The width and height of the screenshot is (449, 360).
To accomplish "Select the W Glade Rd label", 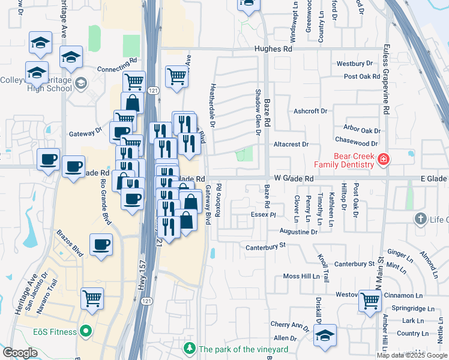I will [294, 179].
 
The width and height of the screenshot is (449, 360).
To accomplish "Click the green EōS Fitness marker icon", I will [85, 332].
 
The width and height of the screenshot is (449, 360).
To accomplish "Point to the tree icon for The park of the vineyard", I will [190, 349].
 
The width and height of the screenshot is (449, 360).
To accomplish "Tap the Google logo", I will [20, 353].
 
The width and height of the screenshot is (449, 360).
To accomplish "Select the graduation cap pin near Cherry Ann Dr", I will [325, 335].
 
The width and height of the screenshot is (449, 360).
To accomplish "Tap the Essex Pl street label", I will [264, 214].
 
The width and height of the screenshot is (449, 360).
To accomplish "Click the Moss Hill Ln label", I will [301, 277].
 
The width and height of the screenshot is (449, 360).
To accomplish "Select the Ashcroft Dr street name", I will [310, 111].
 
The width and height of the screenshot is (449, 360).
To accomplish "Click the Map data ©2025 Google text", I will [412, 355].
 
